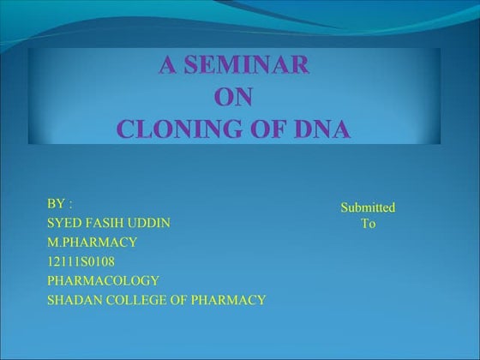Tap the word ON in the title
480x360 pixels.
[x=233, y=98]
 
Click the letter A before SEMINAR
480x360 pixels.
[x=167, y=66]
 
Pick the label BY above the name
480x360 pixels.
[x=56, y=204]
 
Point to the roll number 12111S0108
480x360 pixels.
[x=81, y=261]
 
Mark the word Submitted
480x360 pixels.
[x=368, y=207]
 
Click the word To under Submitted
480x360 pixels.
[x=368, y=224]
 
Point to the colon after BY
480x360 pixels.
[x=70, y=205]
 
